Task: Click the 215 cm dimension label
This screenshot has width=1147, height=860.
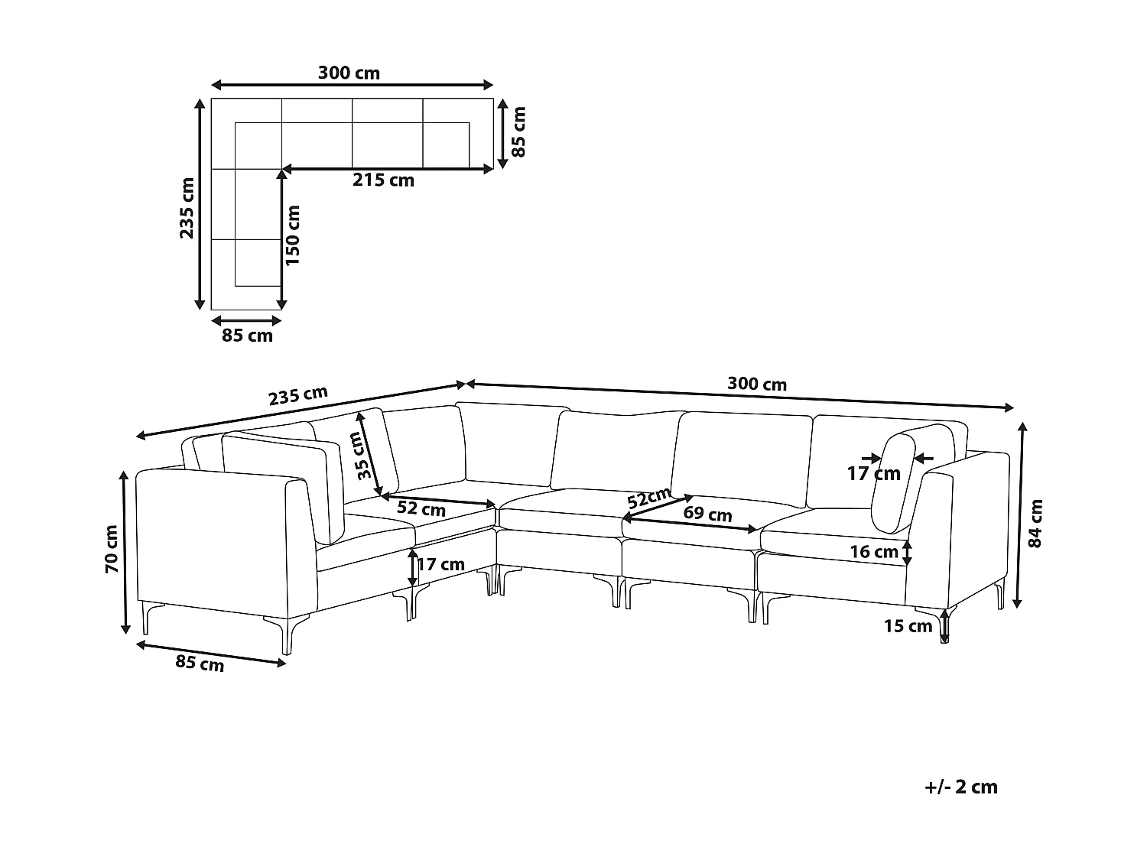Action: point(383,180)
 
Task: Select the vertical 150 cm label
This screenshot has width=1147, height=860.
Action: point(294,235)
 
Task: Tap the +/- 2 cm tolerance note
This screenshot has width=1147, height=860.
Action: point(960,787)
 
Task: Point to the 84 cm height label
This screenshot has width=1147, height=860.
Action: point(1036,524)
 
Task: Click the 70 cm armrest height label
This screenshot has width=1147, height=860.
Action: point(112,549)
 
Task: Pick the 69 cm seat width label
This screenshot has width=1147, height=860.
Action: point(707,514)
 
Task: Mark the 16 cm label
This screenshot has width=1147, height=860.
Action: point(875,552)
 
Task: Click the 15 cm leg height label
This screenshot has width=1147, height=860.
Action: point(908,627)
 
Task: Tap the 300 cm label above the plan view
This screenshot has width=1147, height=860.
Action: point(349,73)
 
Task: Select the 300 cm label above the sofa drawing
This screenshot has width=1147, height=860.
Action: point(756,384)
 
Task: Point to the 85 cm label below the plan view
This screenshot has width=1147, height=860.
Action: point(247,336)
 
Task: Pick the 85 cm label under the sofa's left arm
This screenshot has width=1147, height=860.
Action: point(200,663)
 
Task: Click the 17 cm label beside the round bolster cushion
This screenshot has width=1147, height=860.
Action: point(873,474)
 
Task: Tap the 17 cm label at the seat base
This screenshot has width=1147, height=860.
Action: point(441,565)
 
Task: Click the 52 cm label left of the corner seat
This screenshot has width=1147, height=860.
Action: point(421,508)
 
